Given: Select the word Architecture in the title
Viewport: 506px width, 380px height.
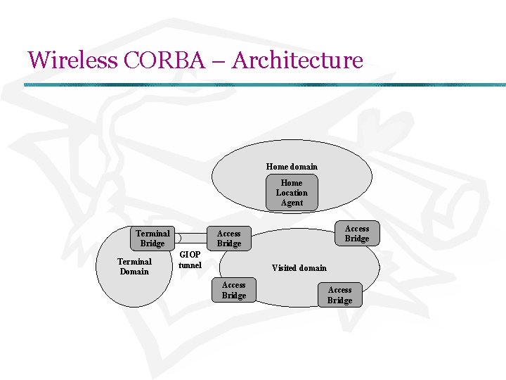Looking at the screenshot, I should click(x=297, y=61).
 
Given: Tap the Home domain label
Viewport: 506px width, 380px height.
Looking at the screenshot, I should click(x=292, y=167).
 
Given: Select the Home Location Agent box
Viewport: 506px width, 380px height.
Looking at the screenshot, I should click(x=292, y=193).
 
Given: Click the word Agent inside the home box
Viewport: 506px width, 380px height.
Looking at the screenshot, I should click(x=292, y=203).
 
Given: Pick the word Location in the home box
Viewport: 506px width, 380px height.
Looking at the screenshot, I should click(x=292, y=193).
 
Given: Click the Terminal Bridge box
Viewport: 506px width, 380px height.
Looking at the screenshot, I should click(x=153, y=239).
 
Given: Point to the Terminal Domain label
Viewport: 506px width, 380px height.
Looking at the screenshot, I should click(x=134, y=267).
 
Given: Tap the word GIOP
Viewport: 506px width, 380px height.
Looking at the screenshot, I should click(x=190, y=255).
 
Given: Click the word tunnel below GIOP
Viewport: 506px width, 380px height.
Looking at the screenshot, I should click(x=190, y=265).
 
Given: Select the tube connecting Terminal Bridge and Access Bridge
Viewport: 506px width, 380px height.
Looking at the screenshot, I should click(x=191, y=238).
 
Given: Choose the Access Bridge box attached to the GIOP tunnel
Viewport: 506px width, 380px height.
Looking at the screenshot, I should click(x=228, y=239).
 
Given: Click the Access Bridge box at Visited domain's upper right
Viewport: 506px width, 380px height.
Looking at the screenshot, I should click(x=356, y=234).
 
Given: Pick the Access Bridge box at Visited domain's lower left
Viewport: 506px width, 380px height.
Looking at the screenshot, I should click(x=234, y=290).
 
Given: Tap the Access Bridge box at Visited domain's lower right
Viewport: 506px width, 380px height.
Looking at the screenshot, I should click(x=339, y=295).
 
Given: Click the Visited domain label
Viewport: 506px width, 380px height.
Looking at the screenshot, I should click(x=299, y=268).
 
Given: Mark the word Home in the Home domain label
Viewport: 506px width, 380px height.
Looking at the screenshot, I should click(x=278, y=167).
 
